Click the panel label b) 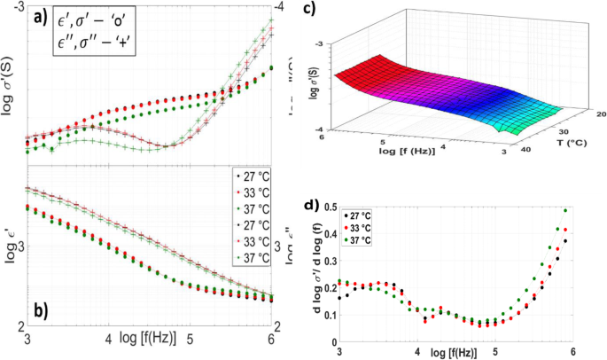40,312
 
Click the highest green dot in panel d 565,211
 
